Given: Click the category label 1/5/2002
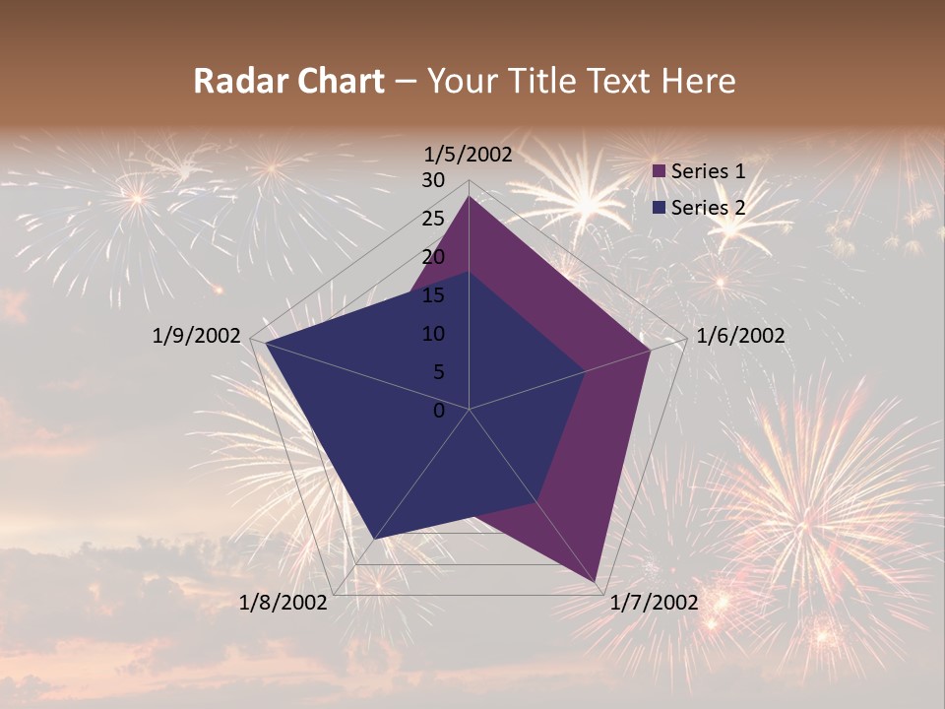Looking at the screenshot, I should click(x=469, y=155).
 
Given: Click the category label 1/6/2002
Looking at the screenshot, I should click(x=740, y=336).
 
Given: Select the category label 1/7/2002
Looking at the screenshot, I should click(x=654, y=603).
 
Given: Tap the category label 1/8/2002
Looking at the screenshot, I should click(x=283, y=603).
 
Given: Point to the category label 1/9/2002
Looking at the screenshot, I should click(x=197, y=336).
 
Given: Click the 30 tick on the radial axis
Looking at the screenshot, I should click(x=433, y=180).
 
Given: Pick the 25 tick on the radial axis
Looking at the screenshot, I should click(x=433, y=219).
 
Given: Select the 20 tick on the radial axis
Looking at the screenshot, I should click(x=433, y=257).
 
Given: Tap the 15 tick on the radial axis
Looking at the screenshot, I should click(x=433, y=295).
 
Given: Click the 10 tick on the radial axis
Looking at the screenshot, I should click(x=433, y=334).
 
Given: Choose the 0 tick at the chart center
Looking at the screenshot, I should click(x=439, y=411).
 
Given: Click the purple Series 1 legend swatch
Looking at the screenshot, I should click(x=660, y=172).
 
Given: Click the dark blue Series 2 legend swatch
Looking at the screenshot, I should click(x=660, y=208).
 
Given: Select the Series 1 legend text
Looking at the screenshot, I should click(x=708, y=171).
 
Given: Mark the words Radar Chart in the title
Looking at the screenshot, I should click(x=288, y=81).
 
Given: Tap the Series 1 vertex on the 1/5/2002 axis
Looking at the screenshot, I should click(x=469, y=197).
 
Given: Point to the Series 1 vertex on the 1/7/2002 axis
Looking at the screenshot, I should click(x=597, y=581).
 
